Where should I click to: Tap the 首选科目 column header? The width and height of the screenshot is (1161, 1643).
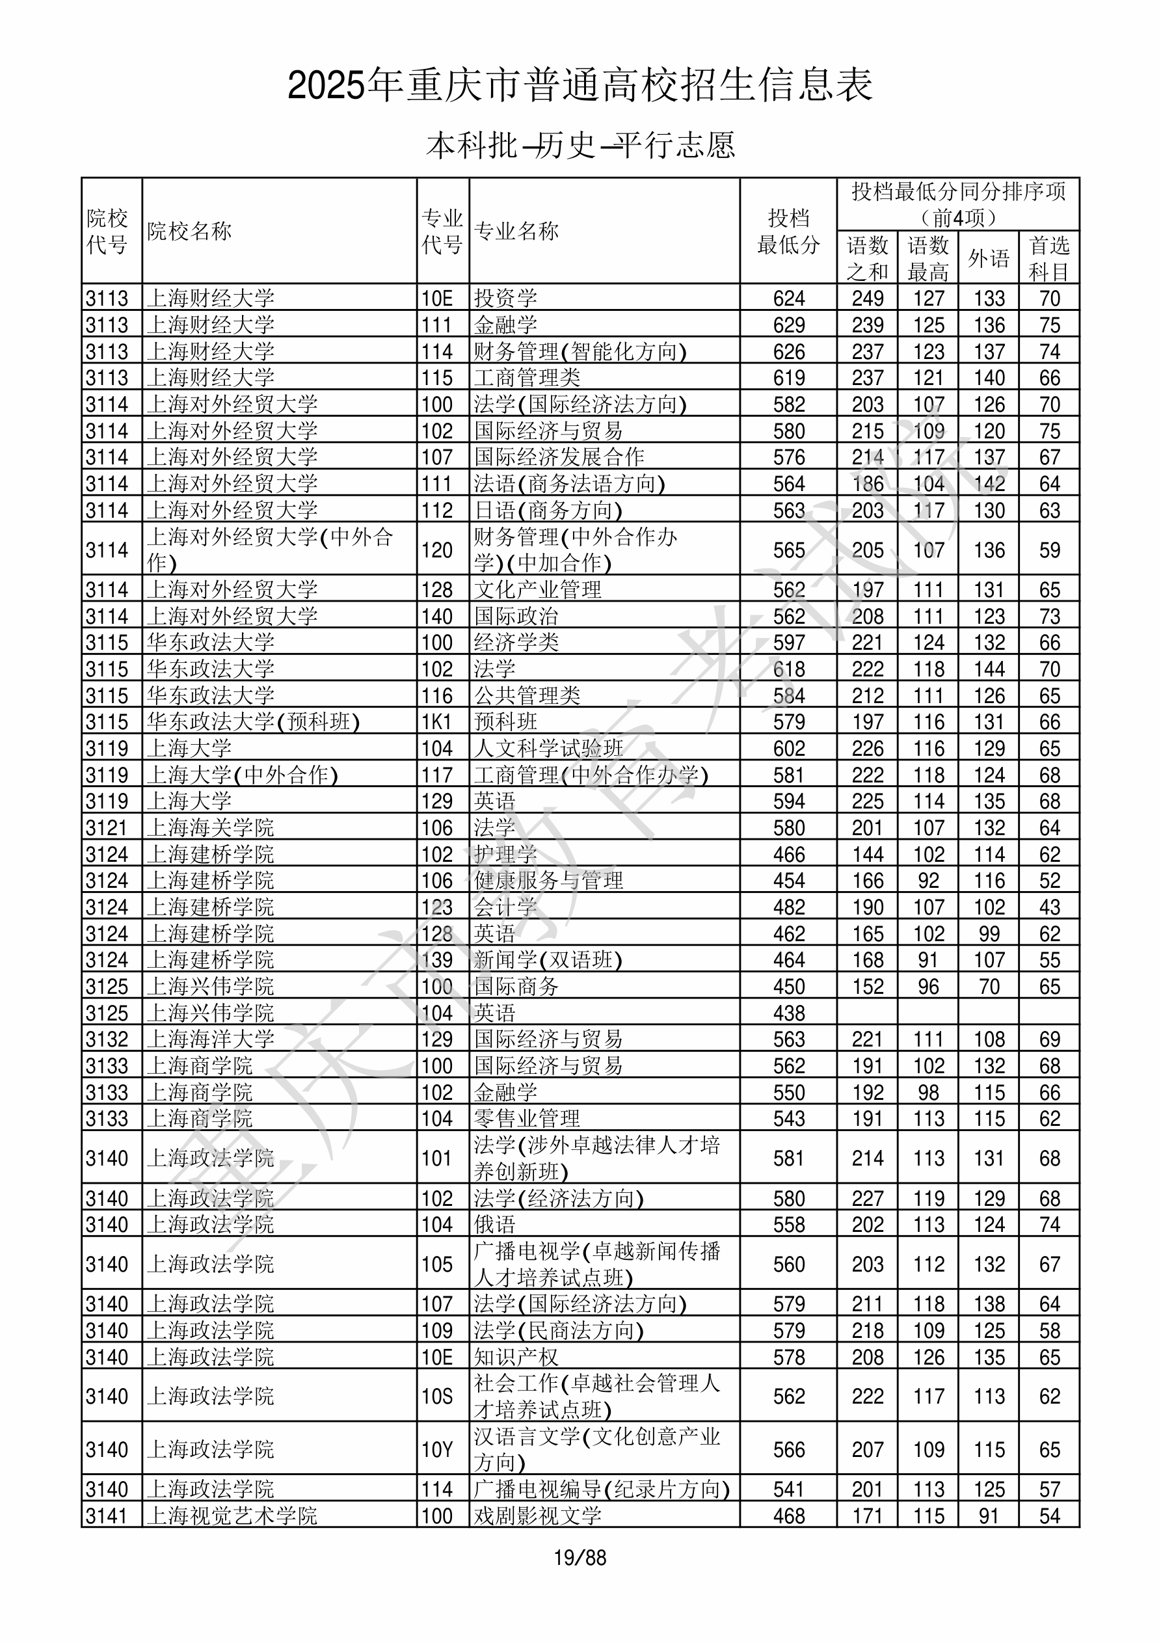click(1048, 258)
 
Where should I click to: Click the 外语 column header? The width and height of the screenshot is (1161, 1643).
click(989, 258)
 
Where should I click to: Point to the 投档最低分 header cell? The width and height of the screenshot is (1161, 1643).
click(788, 231)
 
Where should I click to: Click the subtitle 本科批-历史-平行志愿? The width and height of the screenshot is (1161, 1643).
click(580, 145)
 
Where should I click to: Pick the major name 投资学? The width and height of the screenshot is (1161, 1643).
click(505, 298)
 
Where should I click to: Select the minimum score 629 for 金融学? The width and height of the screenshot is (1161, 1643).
click(789, 325)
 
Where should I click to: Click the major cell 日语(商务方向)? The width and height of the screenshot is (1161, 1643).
click(548, 510)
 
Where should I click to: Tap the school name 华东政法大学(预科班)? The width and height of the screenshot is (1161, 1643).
click(254, 721)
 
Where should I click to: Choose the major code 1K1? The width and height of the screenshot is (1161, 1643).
click(436, 721)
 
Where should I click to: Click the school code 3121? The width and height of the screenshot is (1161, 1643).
click(107, 828)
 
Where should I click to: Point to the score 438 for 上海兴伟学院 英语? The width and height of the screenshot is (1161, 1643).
click(789, 1013)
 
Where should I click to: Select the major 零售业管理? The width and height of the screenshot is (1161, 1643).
click(527, 1119)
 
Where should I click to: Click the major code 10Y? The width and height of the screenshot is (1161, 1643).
click(436, 1450)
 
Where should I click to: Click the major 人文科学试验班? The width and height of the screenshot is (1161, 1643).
click(548, 749)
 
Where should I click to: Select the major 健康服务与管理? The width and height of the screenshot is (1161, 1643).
click(548, 880)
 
